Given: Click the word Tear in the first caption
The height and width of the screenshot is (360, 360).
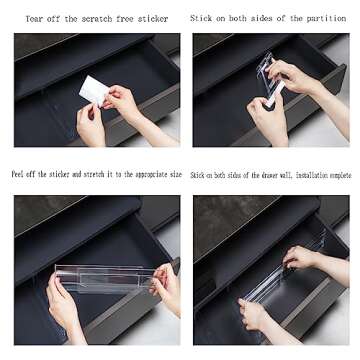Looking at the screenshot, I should pos(34,19).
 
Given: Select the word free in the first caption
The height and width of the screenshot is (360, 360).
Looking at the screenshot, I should pos(127,19).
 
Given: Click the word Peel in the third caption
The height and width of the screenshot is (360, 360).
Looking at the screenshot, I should pos(20,173).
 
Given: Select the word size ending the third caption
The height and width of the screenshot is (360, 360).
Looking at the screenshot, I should pos(176,173).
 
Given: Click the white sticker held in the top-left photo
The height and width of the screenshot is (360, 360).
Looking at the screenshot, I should pos(94,88).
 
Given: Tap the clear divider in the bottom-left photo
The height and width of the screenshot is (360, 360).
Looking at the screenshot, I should pos(105,278).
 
